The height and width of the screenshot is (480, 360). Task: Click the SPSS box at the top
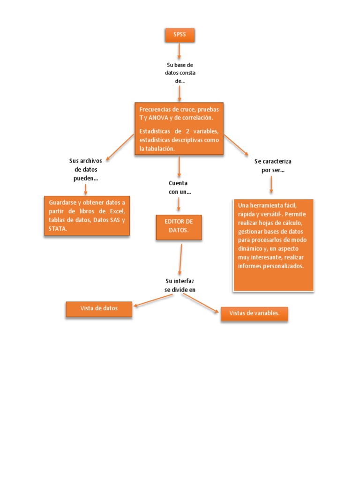pyautogui.click(x=180, y=35)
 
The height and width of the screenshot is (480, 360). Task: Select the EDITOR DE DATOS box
pyautogui.click(x=179, y=227)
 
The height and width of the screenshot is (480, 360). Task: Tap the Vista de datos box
pyautogui.click(x=99, y=309)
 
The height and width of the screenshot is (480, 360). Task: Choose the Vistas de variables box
pyautogui.click(x=254, y=314)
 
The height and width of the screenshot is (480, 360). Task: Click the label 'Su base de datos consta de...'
pyautogui.click(x=180, y=73)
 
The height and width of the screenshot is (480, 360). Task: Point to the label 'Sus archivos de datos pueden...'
pyautogui.click(x=86, y=170)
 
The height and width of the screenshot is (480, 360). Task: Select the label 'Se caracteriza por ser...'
pyautogui.click(x=273, y=165)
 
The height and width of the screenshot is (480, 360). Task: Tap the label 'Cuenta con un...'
pyautogui.click(x=178, y=187)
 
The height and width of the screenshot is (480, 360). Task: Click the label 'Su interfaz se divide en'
pyautogui.click(x=180, y=285)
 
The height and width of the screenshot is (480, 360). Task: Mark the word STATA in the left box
pyautogui.click(x=58, y=229)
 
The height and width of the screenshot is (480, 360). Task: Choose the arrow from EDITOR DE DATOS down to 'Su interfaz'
pyautogui.click(x=180, y=258)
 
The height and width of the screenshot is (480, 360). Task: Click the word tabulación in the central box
pyautogui.click(x=160, y=149)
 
